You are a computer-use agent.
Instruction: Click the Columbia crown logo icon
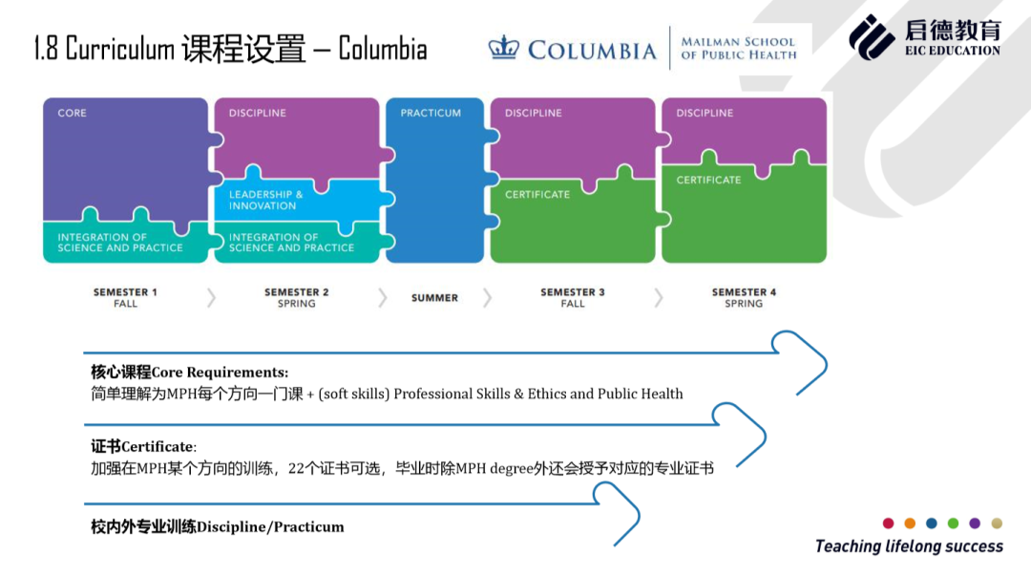[504, 48]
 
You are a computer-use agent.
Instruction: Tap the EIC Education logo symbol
[872, 37]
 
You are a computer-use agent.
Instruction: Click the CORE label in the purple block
[72, 113]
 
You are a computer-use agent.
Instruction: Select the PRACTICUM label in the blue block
[431, 113]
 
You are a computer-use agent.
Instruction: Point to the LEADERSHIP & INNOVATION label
[265, 200]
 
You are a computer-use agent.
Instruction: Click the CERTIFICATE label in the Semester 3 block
[537, 195]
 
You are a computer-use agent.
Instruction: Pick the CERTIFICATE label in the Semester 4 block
[708, 181]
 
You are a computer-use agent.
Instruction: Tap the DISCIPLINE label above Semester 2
[257, 113]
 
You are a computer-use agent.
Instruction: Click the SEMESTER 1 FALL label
[125, 297]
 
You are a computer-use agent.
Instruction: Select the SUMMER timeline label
[434, 298]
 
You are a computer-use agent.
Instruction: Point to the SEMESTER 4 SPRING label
[744, 297]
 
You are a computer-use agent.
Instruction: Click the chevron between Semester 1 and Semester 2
[211, 298]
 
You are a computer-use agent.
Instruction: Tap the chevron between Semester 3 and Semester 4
[658, 298]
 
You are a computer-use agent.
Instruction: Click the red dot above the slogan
[889, 524]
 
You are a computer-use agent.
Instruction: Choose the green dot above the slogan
[953, 524]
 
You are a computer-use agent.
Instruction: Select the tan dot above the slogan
[997, 524]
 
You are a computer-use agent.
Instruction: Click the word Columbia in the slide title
[383, 49]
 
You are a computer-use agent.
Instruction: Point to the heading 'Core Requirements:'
[220, 373]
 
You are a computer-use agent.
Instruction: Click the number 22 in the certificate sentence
[297, 468]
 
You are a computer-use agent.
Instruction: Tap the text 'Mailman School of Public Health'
[738, 48]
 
